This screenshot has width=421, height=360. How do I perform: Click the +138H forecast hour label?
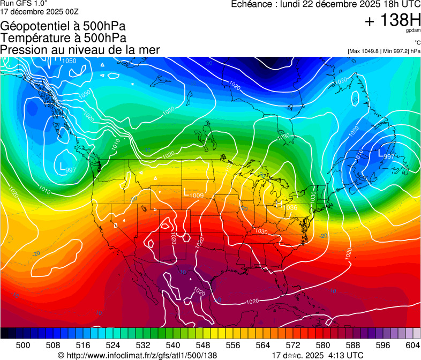pos(392,20)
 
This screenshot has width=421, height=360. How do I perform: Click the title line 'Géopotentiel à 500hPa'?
pos(63,26)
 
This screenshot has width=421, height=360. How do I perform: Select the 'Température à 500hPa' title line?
pos(63,38)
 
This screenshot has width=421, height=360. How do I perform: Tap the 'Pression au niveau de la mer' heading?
pos(80,50)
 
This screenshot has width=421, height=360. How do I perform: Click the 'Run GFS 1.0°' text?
pos(22,3)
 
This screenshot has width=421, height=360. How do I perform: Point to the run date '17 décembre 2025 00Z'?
pos(40,11)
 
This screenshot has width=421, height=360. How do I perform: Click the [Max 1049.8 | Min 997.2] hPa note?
pos(384,51)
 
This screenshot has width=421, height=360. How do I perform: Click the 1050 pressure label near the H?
pos(69,61)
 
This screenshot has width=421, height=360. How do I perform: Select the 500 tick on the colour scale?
pos(23,345)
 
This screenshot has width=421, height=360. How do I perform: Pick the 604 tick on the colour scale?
pos(413,345)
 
